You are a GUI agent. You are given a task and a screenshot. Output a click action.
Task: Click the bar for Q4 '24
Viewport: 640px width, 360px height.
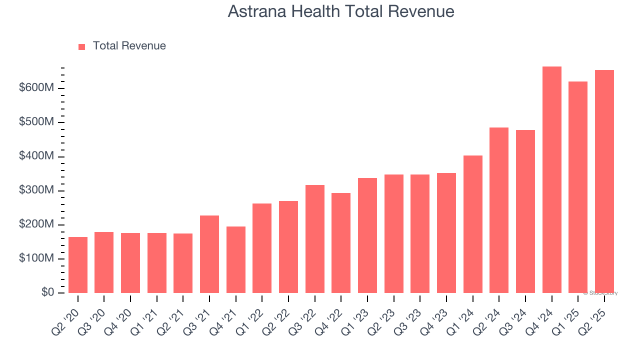551,180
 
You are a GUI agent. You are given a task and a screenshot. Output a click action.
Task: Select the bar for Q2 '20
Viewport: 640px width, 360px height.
78,265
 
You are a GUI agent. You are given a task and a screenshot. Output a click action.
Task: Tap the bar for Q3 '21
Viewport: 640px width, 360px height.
209,254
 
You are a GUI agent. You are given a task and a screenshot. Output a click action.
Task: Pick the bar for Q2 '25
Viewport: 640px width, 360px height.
604,181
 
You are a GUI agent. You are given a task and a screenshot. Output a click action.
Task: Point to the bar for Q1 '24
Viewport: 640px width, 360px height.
472,224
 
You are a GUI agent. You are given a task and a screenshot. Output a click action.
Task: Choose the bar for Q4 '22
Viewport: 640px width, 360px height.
341,243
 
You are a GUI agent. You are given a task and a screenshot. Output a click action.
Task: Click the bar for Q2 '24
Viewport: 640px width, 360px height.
499,210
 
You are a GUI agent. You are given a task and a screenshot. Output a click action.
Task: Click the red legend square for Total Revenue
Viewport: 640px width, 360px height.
82,46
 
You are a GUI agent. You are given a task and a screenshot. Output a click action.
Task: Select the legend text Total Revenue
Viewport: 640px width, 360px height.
129,46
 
